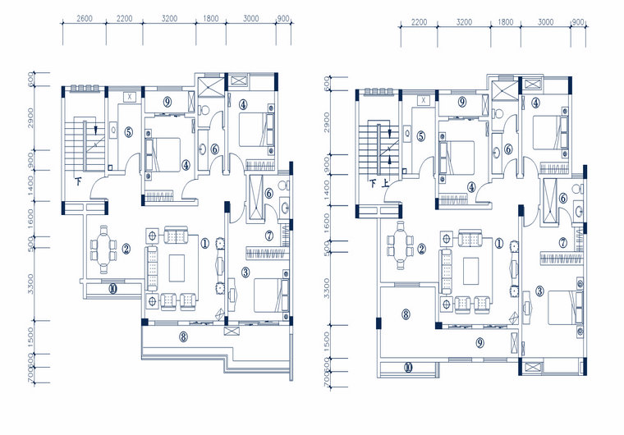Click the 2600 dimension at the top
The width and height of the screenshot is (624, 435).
point(83,17)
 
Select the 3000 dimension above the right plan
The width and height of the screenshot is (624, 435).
point(545,23)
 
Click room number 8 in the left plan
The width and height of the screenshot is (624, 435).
point(183,336)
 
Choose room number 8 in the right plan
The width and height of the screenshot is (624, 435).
point(406,313)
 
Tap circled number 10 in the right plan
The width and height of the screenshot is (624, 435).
point(408,367)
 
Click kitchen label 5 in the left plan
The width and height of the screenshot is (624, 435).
point(129,130)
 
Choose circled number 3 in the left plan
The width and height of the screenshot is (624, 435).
point(245,272)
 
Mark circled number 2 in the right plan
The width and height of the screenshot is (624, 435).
point(421,250)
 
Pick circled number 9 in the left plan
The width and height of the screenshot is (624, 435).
point(167,102)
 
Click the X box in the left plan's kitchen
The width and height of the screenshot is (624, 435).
point(129,97)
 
